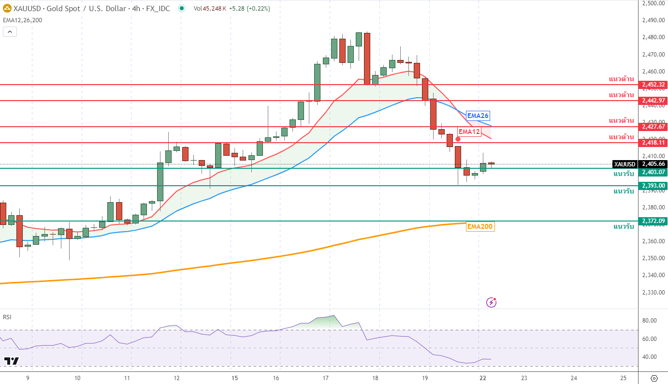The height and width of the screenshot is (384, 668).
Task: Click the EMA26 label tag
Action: pos(478,116)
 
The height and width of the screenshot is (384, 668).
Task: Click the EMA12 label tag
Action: pos(469,132)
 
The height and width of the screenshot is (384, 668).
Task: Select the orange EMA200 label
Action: pos(480,226)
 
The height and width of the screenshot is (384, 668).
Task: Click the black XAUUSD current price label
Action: pos(624,164)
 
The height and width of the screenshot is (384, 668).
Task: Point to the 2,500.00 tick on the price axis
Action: pos(653,3)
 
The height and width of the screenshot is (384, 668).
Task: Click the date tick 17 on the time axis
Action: pos(326,378)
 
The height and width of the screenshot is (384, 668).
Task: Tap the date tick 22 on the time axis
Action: pos(479,378)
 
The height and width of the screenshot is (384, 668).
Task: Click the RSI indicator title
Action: pos(7,317)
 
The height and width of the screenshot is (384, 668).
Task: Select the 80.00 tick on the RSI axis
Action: pos(649,320)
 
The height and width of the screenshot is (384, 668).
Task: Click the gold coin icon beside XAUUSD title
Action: pos(7,8)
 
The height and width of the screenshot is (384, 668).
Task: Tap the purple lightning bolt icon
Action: pos(491,302)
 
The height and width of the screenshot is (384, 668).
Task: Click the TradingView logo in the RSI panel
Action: pos(11,361)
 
